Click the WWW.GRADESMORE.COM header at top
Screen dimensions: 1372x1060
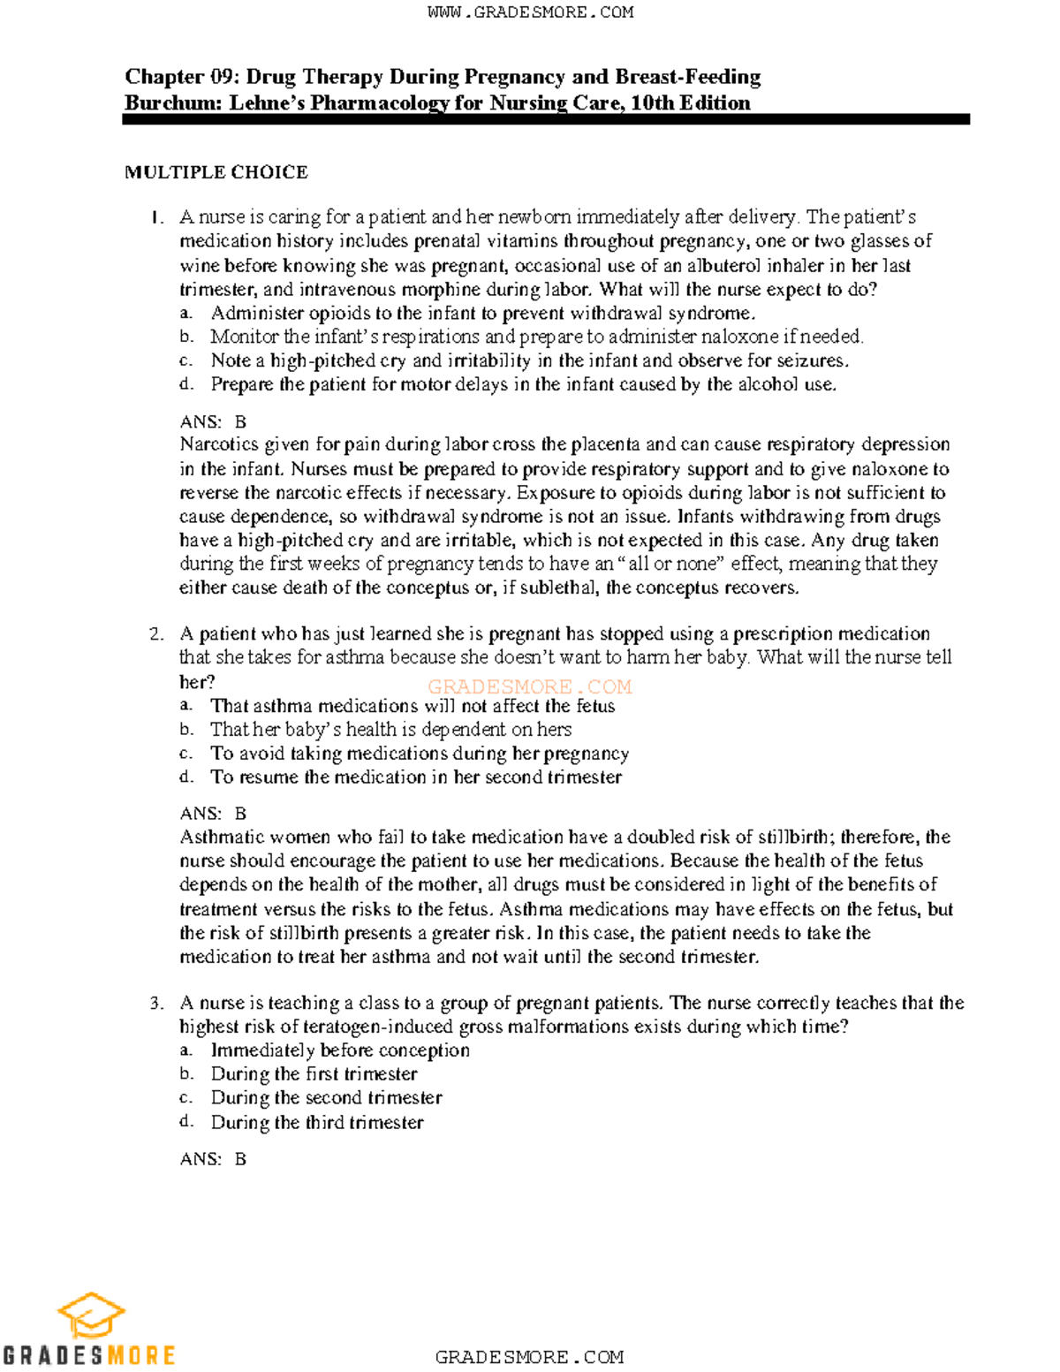(530, 12)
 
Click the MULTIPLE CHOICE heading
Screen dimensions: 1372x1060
(216, 172)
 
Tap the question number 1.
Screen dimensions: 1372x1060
(156, 217)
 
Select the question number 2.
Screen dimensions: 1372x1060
(156, 634)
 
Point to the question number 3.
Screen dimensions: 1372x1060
(156, 1004)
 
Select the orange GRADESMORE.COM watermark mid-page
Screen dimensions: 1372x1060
(529, 686)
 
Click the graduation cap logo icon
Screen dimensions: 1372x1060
(91, 1316)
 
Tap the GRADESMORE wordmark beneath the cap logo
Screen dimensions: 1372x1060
(88, 1355)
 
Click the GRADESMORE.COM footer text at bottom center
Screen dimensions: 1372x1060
(529, 1357)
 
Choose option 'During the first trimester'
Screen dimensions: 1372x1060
(314, 1074)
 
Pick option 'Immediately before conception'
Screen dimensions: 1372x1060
(340, 1050)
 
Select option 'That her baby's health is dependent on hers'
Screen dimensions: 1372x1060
(390, 730)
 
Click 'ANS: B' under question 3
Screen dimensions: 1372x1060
(213, 1159)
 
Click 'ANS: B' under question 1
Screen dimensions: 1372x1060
(213, 422)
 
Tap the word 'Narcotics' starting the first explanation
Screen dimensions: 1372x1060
(218, 444)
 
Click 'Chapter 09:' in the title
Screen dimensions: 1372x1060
(180, 77)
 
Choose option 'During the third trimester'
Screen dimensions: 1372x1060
(317, 1123)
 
